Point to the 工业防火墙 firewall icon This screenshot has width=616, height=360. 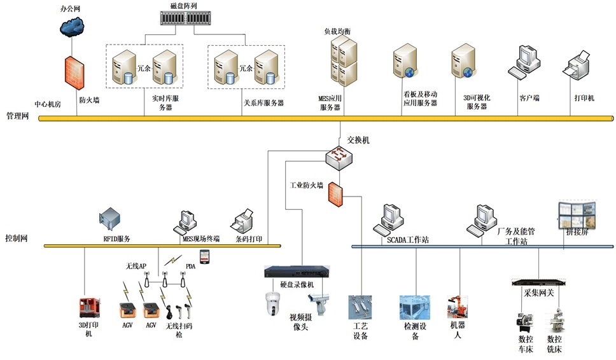pos(336,195)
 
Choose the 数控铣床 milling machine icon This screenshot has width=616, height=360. pos(555,321)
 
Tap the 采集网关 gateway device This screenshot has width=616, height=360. pos(539,281)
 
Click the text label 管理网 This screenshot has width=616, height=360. pos(17,116)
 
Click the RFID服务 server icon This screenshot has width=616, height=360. pos(110,220)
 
